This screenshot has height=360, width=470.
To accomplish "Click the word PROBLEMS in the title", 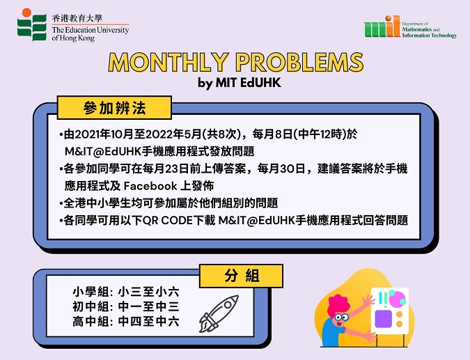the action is (299, 63).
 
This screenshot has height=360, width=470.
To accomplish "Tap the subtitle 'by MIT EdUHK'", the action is (240, 83).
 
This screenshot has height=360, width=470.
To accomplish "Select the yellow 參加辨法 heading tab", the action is (114, 108).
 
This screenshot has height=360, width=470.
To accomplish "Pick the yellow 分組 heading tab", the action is (242, 276).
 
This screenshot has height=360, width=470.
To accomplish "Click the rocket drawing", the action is (219, 313).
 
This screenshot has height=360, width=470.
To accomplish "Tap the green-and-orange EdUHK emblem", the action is (31, 25).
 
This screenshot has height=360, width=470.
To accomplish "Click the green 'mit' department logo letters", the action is (382, 27).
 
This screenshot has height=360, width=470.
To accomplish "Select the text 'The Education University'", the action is (91, 30).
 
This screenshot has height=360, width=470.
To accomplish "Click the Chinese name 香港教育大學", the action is (77, 19).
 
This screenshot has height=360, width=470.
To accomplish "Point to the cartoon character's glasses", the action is (340, 318).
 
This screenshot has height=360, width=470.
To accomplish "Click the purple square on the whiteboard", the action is (383, 319).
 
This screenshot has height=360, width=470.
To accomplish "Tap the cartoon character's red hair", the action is (338, 305).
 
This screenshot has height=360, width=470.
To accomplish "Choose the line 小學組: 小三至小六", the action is (126, 292).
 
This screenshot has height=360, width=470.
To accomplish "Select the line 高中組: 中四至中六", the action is (126, 322).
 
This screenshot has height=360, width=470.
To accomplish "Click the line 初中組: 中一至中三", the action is (126, 306).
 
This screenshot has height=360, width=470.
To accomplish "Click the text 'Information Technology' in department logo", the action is (429, 36).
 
